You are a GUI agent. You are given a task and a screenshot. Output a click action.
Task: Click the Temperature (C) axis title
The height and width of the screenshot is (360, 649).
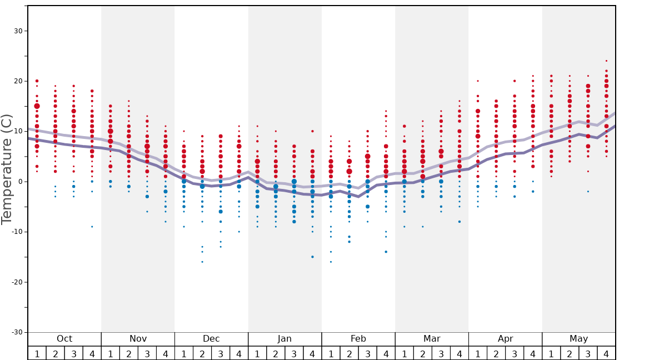pyautogui.click(x=7, y=169)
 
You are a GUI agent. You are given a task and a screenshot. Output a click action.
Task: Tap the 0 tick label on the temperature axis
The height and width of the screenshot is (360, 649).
pyautogui.click(x=20, y=182)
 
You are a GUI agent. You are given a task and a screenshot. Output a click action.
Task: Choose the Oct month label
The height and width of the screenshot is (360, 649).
pyautogui.click(x=64, y=339)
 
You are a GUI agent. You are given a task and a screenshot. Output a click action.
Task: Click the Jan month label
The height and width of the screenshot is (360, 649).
pyautogui.click(x=284, y=339)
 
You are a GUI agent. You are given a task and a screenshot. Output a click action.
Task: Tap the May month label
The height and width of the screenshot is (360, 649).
pyautogui.click(x=578, y=339)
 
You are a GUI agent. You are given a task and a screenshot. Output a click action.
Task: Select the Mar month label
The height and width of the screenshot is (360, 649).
pyautogui.click(x=432, y=339)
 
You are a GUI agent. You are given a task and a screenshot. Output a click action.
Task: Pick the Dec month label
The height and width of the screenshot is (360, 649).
pyautogui.click(x=211, y=339)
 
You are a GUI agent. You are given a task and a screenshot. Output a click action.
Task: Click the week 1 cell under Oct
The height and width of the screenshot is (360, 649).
pyautogui.click(x=37, y=353)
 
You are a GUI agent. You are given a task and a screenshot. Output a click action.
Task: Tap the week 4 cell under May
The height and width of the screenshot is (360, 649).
pyautogui.click(x=606, y=353)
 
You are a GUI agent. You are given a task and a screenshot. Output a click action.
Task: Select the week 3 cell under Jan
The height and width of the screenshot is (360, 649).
pyautogui.click(x=294, y=353)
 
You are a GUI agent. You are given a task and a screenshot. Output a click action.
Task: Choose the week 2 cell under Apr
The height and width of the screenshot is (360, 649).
pyautogui.click(x=496, y=353)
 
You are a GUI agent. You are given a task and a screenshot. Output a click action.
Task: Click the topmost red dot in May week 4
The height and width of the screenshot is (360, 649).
pyautogui.click(x=606, y=61)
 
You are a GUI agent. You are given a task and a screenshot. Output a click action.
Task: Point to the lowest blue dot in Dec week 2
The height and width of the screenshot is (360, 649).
pyautogui.click(x=202, y=262)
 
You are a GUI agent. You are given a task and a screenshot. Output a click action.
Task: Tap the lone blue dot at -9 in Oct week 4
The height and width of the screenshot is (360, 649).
pyautogui.click(x=92, y=227)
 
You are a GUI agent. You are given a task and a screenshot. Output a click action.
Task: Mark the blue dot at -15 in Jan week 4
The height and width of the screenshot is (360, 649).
pyautogui.click(x=312, y=257)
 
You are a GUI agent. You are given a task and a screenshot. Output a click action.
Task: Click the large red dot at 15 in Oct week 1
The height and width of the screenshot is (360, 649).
pyautogui.click(x=37, y=106)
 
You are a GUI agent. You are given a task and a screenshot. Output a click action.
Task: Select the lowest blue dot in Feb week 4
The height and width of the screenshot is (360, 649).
pyautogui.click(x=386, y=252)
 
